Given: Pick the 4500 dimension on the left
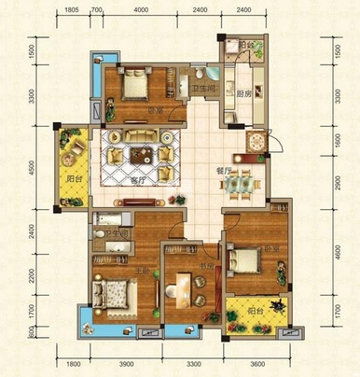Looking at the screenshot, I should point(32,169).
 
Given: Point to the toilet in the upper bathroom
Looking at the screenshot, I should point(202,75).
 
